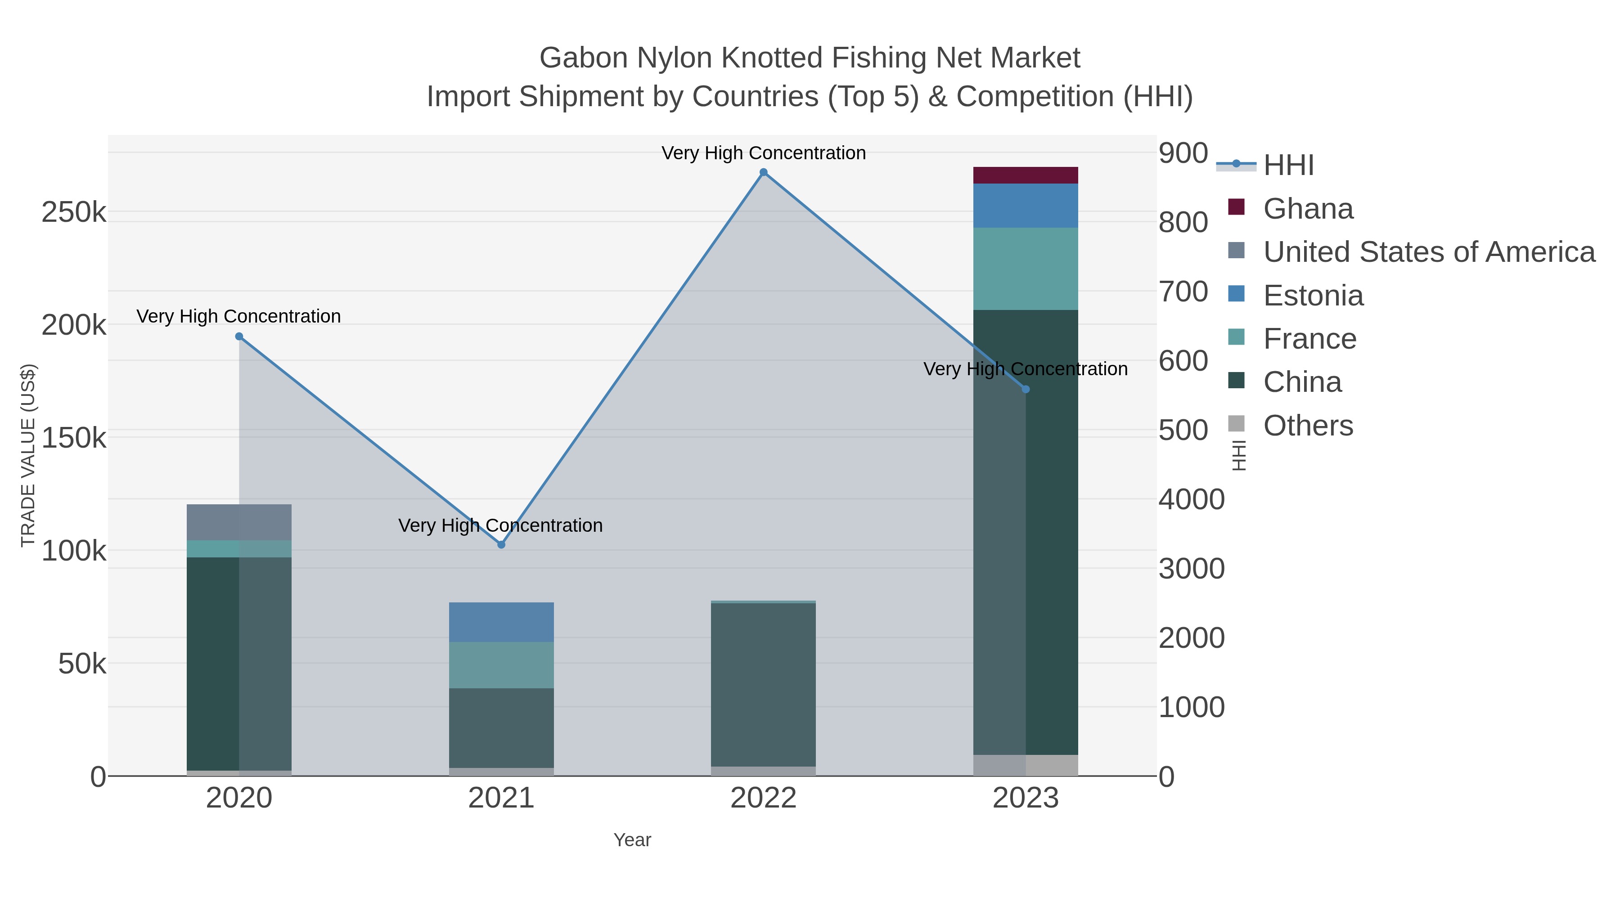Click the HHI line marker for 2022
click(764, 172)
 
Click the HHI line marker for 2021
click(501, 544)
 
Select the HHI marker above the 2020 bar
click(239, 337)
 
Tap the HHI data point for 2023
click(1026, 389)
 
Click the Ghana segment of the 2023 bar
click(1026, 175)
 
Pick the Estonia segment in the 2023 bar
click(1026, 206)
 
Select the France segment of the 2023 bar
click(1026, 269)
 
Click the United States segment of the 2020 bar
click(239, 522)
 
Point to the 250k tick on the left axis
click(74, 212)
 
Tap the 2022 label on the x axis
click(764, 799)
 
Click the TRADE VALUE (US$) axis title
click(28, 455)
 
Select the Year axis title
click(632, 840)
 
